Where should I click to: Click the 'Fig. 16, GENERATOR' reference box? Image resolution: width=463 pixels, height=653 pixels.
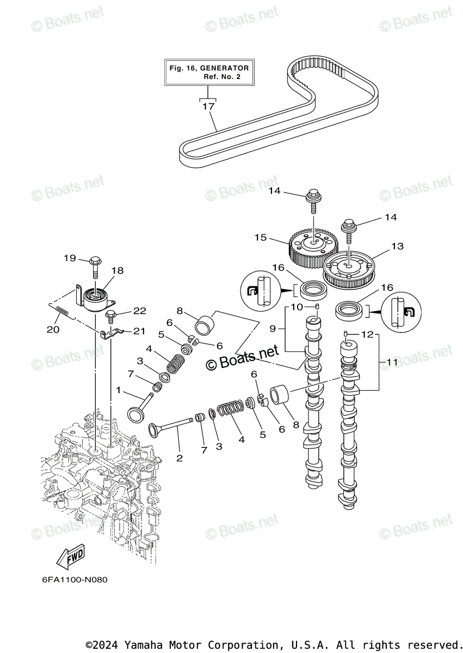click(x=209, y=72)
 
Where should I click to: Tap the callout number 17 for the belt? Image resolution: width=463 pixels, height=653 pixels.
click(x=209, y=107)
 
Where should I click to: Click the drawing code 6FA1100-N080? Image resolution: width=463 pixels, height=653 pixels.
click(x=75, y=580)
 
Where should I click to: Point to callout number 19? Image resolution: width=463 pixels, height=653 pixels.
click(x=70, y=258)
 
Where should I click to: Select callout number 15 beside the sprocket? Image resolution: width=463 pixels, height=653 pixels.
click(x=261, y=237)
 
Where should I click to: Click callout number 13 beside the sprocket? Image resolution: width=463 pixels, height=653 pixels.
click(x=397, y=247)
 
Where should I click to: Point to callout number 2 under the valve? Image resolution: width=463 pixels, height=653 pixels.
click(x=179, y=458)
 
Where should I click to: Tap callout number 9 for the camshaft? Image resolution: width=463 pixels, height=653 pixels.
click(x=273, y=328)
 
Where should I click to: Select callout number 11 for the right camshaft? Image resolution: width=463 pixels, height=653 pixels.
click(x=392, y=361)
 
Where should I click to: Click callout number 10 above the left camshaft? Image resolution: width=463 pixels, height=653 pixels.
click(x=297, y=307)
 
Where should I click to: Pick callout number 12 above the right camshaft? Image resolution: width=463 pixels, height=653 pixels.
click(x=368, y=334)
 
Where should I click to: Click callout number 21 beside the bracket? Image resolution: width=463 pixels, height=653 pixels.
click(x=140, y=331)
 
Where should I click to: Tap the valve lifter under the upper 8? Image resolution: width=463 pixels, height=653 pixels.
click(x=203, y=326)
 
